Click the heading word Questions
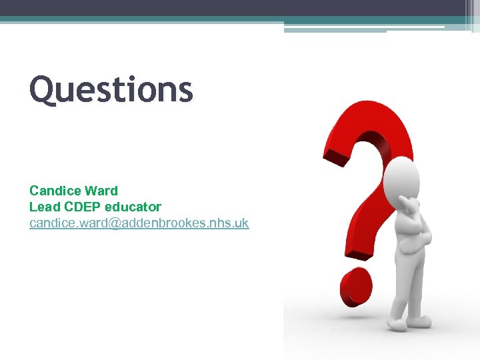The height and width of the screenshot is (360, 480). click(x=111, y=90)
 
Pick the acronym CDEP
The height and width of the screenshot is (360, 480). click(x=79, y=207)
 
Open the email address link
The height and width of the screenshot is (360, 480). click(x=139, y=223)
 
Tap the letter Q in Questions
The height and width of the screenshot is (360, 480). click(x=44, y=90)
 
